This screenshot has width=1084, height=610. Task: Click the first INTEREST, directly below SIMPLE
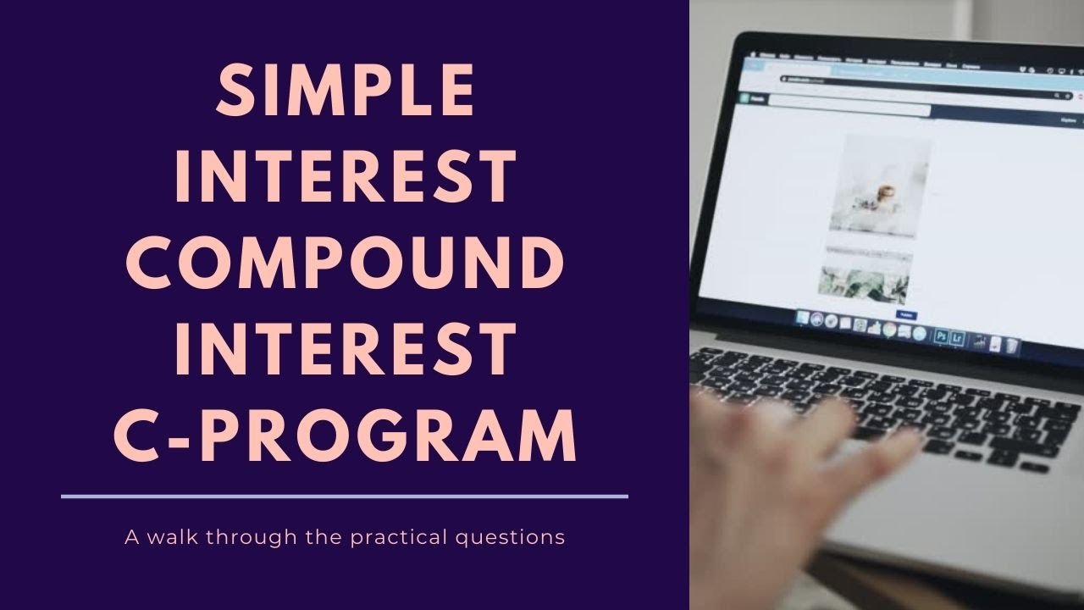(x=345, y=178)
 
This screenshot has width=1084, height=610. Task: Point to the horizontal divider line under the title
(x=345, y=496)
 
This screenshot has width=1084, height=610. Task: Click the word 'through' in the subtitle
(x=238, y=537)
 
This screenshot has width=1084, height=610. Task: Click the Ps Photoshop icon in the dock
(x=940, y=336)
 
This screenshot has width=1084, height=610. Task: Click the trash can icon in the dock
(x=1013, y=346)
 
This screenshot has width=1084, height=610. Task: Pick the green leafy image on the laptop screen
(x=864, y=286)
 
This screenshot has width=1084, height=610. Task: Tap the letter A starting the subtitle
(x=130, y=537)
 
